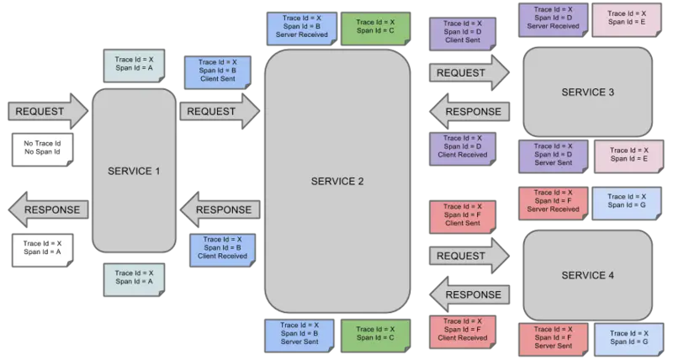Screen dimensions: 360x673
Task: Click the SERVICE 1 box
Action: click(134, 171)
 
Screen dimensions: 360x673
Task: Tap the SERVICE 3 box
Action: click(587, 92)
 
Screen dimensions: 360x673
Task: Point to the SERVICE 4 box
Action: click(587, 275)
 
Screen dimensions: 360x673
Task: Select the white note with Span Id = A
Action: click(42, 247)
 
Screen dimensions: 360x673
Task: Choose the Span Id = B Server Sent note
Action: click(300, 333)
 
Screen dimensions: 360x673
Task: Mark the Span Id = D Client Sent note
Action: click(462, 32)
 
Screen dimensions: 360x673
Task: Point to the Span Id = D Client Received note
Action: click(462, 146)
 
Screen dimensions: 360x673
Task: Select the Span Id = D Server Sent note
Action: click(552, 155)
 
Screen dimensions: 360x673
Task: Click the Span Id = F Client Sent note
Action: click(462, 214)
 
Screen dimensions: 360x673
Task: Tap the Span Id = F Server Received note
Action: click(552, 201)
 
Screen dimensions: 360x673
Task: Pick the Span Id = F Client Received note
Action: click(462, 330)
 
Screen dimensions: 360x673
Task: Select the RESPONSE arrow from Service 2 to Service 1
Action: click(220, 209)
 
